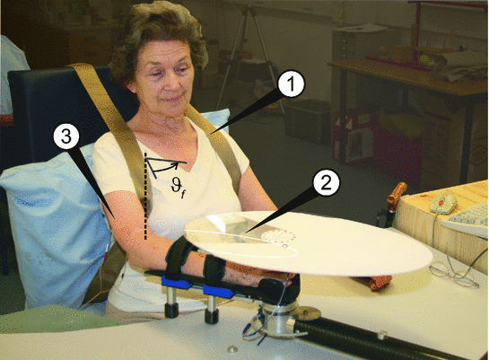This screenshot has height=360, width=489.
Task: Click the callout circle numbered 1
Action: point(291,83)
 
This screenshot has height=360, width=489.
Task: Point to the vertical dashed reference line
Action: point(145,196)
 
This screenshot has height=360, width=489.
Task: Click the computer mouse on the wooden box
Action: point(443,203)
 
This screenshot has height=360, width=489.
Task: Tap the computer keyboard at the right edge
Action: point(467,219)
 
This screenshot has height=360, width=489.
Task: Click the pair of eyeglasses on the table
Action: point(453,274)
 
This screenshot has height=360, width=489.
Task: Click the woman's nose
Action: point(169,83)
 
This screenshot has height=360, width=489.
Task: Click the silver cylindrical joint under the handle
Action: point(277,318)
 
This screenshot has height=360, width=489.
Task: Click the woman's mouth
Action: point(170,100)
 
